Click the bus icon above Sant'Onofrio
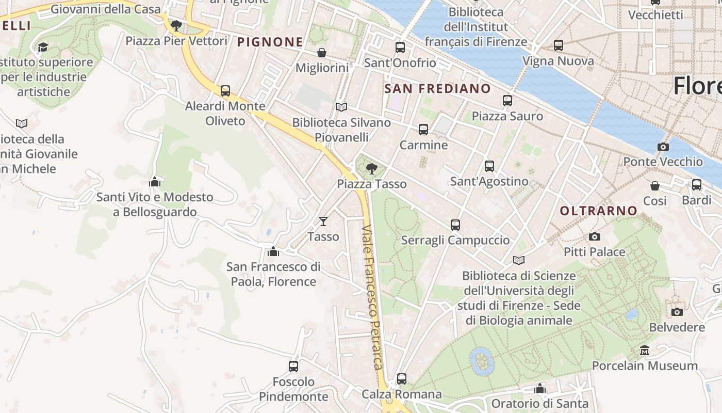(x=400, y=47)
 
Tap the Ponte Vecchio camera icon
(x=663, y=147)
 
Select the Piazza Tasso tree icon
(x=371, y=168)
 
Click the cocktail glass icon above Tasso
(x=323, y=221)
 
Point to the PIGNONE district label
(x=270, y=42)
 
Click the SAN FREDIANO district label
(x=438, y=88)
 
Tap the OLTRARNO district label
(x=599, y=211)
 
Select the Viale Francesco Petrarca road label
(x=373, y=297)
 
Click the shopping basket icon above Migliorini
(x=322, y=53)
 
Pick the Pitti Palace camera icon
(x=595, y=236)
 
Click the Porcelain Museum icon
(x=644, y=351)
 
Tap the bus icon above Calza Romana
(x=402, y=379)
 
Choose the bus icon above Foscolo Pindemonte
(x=293, y=367)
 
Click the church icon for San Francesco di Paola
(x=273, y=251)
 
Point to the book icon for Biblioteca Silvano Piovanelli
(x=341, y=107)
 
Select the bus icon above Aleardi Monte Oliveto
(x=225, y=91)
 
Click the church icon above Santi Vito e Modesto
(x=154, y=182)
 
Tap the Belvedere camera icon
(x=677, y=312)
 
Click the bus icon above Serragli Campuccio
(x=455, y=225)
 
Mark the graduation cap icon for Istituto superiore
(x=43, y=47)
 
